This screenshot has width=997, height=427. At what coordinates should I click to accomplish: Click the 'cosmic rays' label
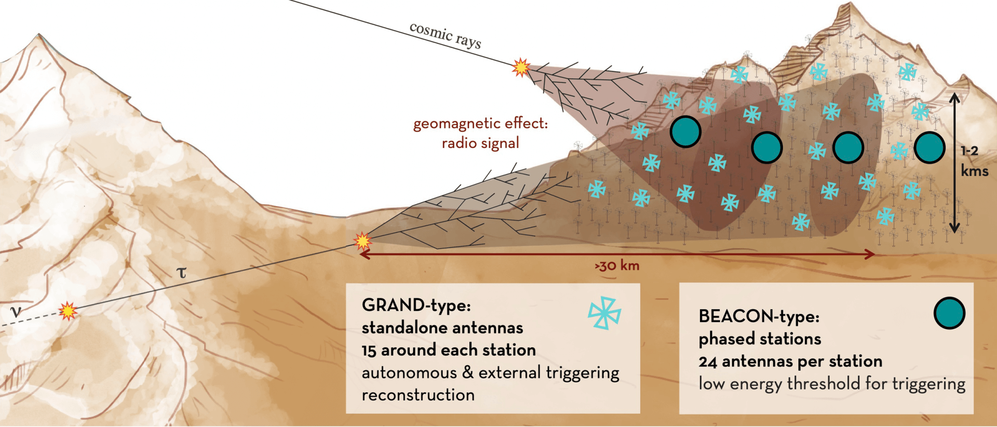click(x=446, y=35)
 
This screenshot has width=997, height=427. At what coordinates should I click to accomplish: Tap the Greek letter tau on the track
click(x=181, y=272)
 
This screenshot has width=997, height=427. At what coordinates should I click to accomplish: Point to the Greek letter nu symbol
click(x=16, y=311)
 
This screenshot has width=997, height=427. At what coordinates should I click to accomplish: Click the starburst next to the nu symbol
click(x=68, y=311)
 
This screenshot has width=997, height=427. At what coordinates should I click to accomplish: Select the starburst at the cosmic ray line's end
click(x=521, y=67)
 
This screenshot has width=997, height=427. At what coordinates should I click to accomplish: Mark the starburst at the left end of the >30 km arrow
click(x=362, y=241)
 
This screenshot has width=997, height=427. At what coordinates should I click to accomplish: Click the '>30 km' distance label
click(x=617, y=266)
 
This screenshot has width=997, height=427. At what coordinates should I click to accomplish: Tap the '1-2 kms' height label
click(x=973, y=161)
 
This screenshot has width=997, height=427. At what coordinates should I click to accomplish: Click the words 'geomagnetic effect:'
click(x=480, y=123)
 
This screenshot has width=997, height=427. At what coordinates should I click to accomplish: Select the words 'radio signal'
click(x=480, y=143)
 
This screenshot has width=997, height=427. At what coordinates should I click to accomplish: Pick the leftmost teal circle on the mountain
click(x=685, y=132)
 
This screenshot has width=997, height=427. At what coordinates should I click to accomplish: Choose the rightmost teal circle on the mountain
click(x=929, y=147)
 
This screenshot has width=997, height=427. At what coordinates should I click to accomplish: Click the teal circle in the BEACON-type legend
click(x=949, y=313)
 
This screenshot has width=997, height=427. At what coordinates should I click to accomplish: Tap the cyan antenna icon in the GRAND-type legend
click(x=604, y=313)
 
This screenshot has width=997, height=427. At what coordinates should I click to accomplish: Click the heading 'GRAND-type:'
click(x=416, y=305)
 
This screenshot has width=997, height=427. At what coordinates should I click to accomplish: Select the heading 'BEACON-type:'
click(x=759, y=316)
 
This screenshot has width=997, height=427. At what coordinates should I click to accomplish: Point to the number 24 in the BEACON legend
click(x=708, y=361)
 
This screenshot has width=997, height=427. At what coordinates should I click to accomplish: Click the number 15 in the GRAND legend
click(x=369, y=350)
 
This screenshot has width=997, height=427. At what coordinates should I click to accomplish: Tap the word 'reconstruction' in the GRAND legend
click(x=418, y=395)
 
